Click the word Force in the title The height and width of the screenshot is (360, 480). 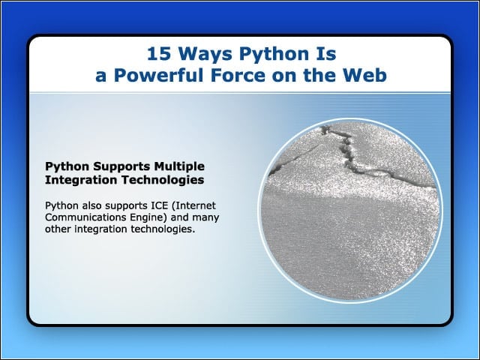(x=238, y=75)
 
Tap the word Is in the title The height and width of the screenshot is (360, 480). (x=326, y=53)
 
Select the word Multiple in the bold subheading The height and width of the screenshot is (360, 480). (x=179, y=166)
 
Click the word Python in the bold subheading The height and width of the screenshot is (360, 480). (x=67, y=167)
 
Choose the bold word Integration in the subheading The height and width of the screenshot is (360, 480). (x=81, y=180)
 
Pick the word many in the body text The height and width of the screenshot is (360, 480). (x=205, y=218)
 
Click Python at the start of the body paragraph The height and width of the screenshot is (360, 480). (x=61, y=206)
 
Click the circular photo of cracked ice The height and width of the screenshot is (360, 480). (x=350, y=211)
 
